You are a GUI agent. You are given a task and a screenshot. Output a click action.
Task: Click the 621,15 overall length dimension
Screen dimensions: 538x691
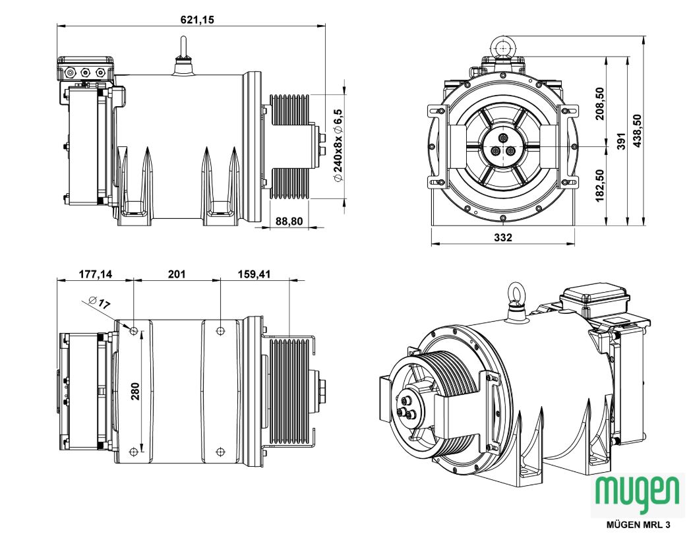pos(197,20)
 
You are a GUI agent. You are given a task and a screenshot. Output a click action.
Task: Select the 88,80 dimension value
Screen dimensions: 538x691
pos(289,222)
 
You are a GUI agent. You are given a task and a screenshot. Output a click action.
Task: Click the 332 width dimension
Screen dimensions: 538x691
pos(502,237)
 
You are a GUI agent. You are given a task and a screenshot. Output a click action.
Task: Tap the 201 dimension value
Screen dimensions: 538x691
pos(177,273)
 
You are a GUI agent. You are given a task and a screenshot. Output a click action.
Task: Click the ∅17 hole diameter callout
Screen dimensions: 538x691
pos(100,304)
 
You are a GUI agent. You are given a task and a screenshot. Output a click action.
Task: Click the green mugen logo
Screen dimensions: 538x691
pos(637,492)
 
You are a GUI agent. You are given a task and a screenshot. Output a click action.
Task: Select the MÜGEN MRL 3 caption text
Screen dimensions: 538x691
pos(638,525)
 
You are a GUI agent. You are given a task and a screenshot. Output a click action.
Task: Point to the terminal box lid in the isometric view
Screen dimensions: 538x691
pos(595,295)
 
